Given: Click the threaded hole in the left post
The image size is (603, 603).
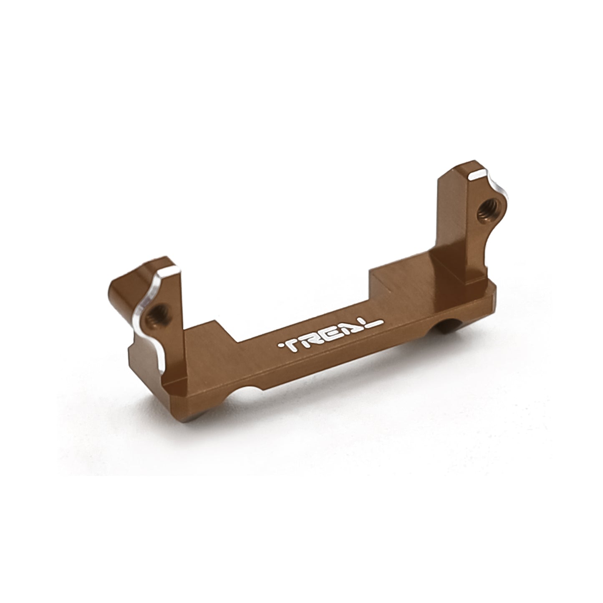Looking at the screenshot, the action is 158,316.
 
